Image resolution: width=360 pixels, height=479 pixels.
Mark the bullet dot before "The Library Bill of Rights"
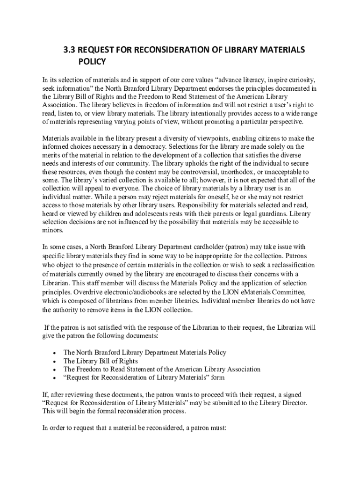pyautogui.click(x=56, y=361)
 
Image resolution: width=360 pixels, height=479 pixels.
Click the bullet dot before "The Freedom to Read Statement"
pyautogui.click(x=56, y=370)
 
